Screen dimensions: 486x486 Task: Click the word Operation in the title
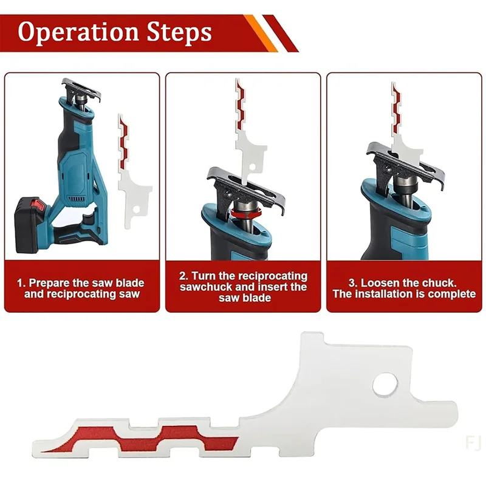point(78,32)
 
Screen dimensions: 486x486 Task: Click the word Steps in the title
point(179,32)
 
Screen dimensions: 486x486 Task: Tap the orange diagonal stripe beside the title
point(261,33)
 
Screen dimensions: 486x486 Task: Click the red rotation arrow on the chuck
point(246,214)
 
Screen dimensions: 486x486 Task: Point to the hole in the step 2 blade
point(252,168)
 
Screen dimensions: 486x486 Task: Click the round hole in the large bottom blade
point(385,385)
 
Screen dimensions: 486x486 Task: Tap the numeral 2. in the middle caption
point(183,276)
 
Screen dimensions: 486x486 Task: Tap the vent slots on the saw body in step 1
point(77,199)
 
